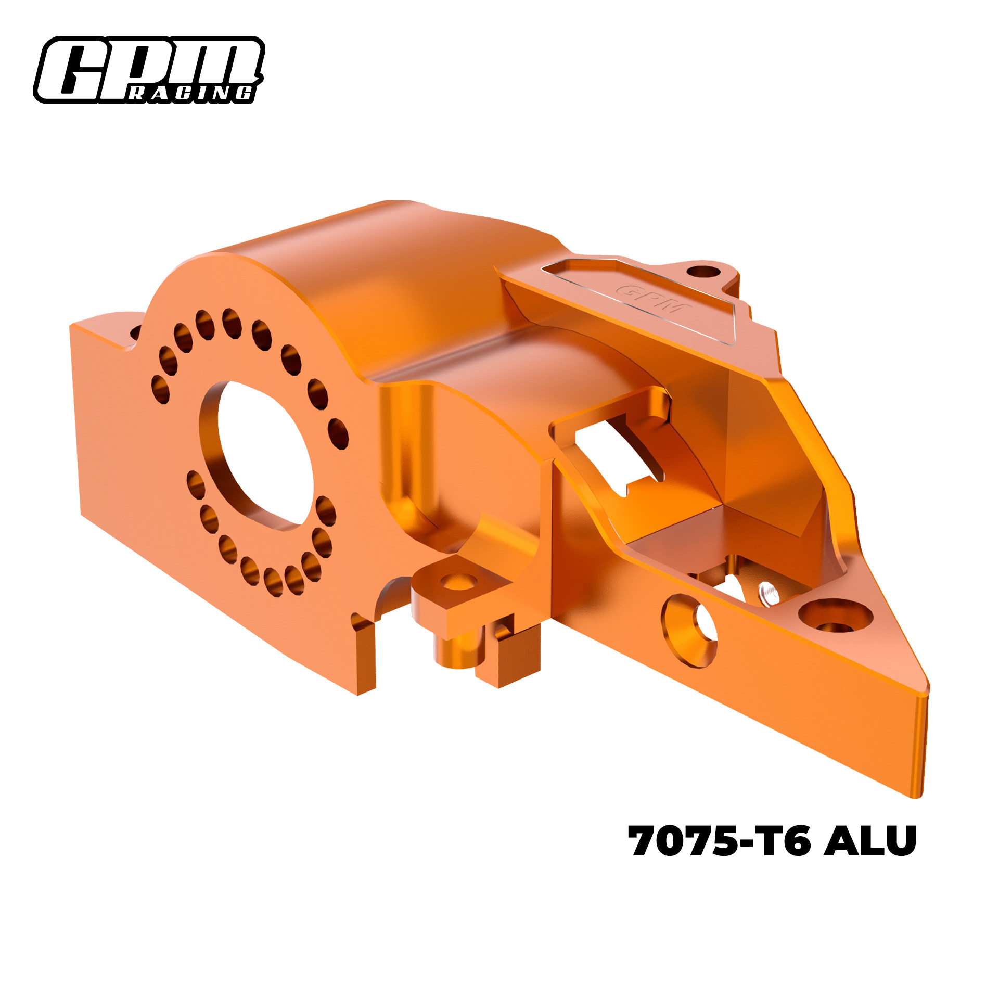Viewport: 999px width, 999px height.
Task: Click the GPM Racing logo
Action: tap(149, 70)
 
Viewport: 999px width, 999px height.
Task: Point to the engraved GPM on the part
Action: tap(654, 300)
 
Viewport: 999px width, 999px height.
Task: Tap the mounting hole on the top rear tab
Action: tap(702, 272)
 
